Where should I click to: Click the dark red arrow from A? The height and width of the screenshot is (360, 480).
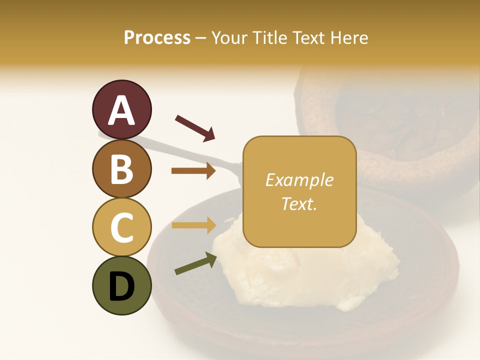[195, 128]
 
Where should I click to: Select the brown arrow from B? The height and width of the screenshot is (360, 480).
[193, 171]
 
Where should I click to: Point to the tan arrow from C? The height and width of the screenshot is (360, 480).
[193, 225]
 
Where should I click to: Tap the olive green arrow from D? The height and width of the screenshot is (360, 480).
[195, 263]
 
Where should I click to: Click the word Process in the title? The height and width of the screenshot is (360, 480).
[157, 37]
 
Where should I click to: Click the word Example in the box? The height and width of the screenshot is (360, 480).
[299, 180]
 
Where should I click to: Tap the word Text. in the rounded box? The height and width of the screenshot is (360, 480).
[299, 203]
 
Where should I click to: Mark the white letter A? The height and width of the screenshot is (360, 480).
[122, 110]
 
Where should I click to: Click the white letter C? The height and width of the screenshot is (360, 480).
[122, 227]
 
